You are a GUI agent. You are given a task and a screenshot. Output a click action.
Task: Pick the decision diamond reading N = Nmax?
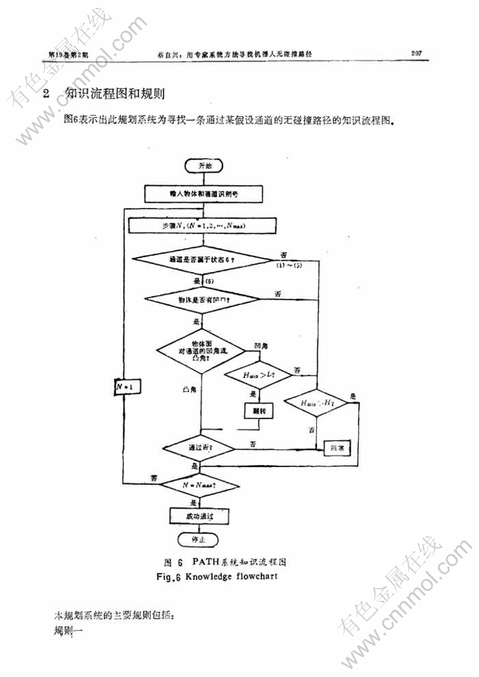tap(199, 485)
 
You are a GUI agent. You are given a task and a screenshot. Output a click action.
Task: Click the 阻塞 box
tap(337, 448)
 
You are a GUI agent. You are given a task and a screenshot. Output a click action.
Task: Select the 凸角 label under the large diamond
tap(189, 389)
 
